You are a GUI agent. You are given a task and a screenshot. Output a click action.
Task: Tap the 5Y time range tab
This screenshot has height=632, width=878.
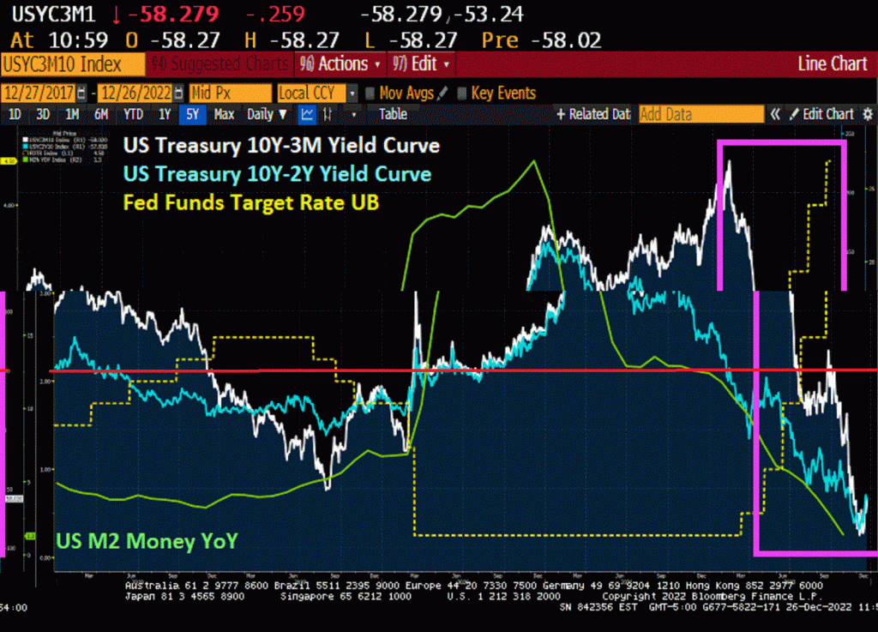(193, 114)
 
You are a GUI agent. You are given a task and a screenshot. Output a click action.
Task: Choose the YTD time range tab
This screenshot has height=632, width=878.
(133, 114)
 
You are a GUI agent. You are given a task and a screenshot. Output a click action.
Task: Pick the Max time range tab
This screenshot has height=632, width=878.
(224, 114)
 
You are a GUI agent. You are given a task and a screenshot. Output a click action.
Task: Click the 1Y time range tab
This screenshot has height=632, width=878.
(164, 114)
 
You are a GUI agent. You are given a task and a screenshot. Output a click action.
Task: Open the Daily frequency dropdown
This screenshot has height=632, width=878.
(267, 114)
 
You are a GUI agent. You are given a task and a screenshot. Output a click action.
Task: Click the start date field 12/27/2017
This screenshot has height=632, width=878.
(39, 93)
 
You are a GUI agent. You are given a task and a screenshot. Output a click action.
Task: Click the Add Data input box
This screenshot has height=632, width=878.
(701, 114)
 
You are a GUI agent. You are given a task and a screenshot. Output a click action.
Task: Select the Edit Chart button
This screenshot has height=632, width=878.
(821, 114)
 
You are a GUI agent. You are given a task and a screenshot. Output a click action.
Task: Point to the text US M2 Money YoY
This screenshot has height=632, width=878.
(147, 540)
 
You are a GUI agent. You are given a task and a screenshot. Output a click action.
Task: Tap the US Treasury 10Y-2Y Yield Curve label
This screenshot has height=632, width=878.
(277, 174)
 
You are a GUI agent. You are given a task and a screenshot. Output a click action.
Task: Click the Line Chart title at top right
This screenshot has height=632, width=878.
(832, 63)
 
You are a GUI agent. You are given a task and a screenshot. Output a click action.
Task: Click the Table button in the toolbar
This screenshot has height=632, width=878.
(393, 114)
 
